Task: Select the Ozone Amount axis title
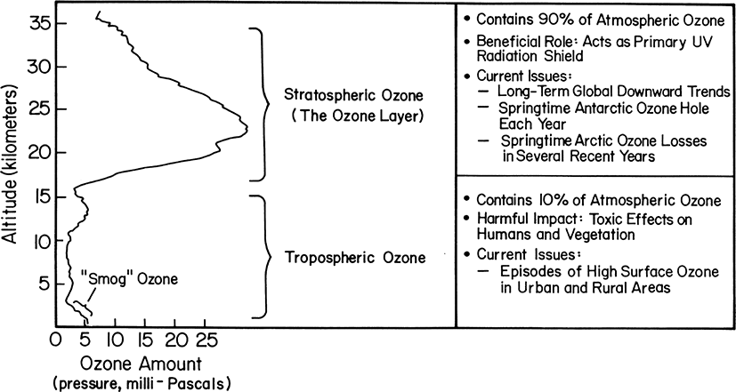(x=142, y=364)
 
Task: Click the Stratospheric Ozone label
(x=353, y=96)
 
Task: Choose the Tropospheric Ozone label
(x=355, y=258)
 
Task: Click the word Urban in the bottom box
(x=537, y=287)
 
